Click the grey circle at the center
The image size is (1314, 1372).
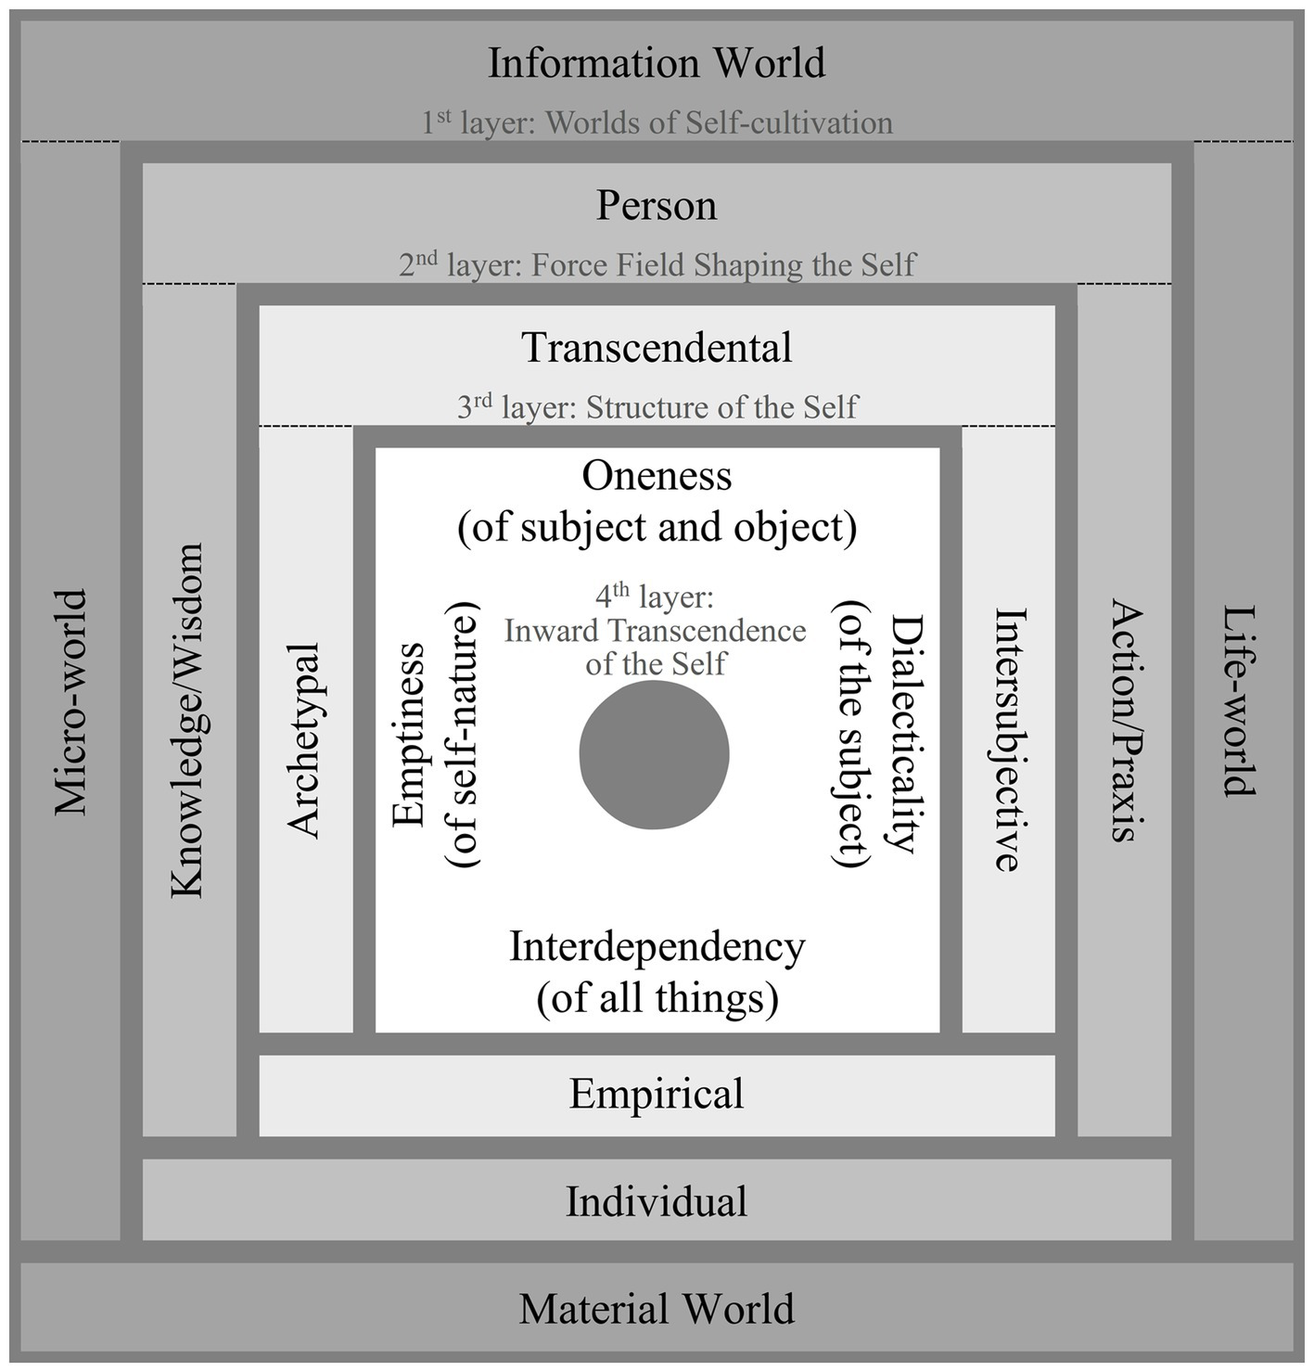click(655, 754)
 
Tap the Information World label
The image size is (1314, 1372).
click(657, 63)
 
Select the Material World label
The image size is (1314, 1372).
click(657, 1309)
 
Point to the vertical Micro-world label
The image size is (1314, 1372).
click(70, 702)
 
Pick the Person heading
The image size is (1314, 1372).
click(657, 205)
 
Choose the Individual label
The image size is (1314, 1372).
click(657, 1201)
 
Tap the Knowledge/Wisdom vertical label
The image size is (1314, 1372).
click(187, 721)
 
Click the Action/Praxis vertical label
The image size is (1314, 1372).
click(1126, 721)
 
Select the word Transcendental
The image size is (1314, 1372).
click(657, 348)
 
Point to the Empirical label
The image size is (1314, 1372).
click(657, 1093)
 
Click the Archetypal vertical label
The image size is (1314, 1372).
click(304, 739)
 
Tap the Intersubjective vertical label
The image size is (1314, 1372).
click(1010, 739)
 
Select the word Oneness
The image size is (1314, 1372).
click(657, 476)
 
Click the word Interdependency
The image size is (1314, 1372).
click(657, 947)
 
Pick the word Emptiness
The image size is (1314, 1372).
click(409, 734)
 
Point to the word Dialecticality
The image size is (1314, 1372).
click(902, 734)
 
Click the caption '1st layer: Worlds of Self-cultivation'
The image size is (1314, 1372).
click(657, 122)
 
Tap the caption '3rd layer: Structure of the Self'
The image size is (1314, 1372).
click(657, 407)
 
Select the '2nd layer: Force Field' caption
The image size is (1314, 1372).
click(657, 265)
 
